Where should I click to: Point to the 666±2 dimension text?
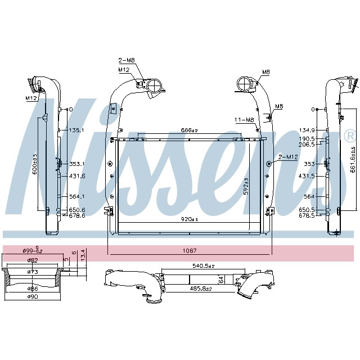[189, 130]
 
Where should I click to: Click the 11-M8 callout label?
[244, 119]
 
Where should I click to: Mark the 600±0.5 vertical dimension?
[35, 164]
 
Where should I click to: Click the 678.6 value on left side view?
[76, 215]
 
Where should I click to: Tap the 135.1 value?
[76, 130]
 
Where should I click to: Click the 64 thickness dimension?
[222, 279]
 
